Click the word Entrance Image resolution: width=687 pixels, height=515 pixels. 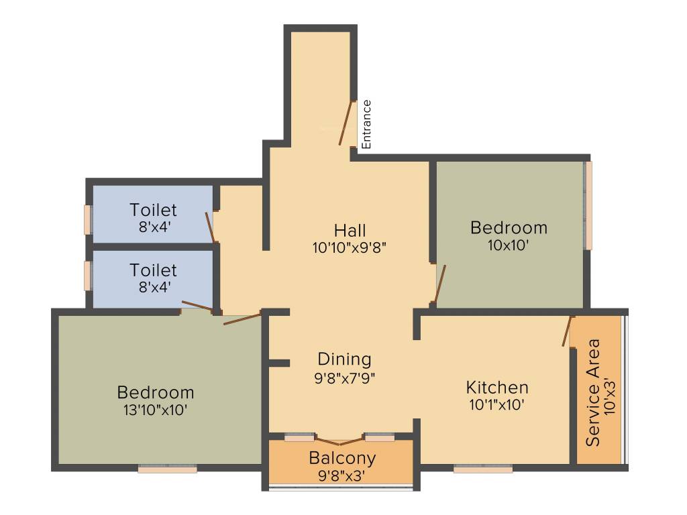click(x=366, y=124)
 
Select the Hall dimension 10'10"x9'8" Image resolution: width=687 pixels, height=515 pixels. click(x=350, y=247)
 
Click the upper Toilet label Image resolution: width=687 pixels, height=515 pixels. click(x=154, y=210)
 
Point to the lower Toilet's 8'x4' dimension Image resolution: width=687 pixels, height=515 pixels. click(x=154, y=287)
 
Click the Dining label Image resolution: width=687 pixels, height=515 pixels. click(x=344, y=359)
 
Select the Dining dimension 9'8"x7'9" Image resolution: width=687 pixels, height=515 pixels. click(x=344, y=377)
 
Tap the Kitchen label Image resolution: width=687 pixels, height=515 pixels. click(x=497, y=387)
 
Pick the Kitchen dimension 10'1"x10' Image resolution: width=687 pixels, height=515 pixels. click(x=496, y=404)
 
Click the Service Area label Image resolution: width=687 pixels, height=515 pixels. click(x=593, y=392)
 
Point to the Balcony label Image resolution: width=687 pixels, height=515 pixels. click(x=342, y=459)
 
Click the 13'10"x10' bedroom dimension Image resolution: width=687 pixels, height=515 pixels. click(x=156, y=408)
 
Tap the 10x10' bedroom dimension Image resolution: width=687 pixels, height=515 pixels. click(x=509, y=245)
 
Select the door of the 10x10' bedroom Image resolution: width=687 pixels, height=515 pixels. click(x=440, y=284)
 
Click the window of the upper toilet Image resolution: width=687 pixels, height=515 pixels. click(x=87, y=219)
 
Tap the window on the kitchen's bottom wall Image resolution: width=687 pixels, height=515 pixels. click(x=483, y=469)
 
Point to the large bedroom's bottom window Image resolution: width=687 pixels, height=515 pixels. click(x=168, y=469)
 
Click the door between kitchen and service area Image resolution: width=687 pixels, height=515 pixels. click(x=568, y=331)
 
